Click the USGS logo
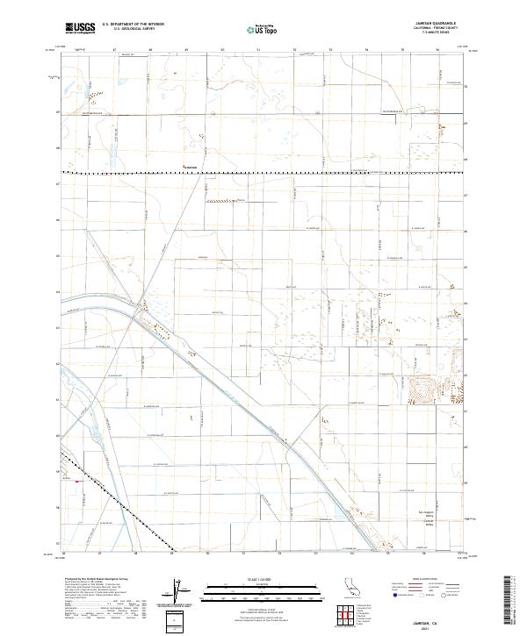tap(80, 27)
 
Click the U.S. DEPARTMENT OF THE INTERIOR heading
tap(132, 24)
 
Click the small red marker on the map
tap(76, 481)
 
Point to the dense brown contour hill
tap(423, 387)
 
